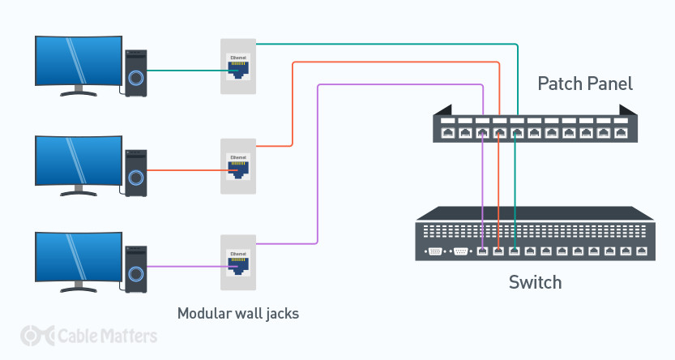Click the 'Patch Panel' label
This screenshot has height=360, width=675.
(585, 84)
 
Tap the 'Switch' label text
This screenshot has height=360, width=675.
(535, 283)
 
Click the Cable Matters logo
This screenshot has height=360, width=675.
(89, 335)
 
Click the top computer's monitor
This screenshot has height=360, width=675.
(74, 63)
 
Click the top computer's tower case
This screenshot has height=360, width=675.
(135, 74)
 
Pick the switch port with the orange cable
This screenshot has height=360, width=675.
(499, 251)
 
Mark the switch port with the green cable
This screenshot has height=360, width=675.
(515, 251)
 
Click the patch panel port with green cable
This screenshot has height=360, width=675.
(516, 131)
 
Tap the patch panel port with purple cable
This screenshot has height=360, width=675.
(482, 131)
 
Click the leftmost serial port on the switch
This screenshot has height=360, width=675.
(436, 251)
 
